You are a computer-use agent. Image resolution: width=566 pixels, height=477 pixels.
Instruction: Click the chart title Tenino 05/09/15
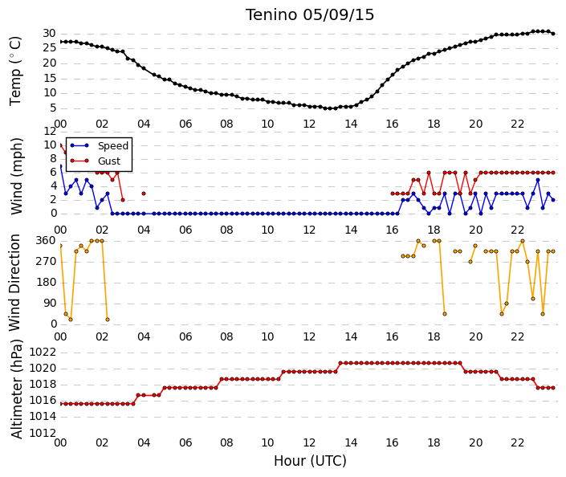[x=310, y=15]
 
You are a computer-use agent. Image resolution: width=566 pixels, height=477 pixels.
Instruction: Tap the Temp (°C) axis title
[x=15, y=71]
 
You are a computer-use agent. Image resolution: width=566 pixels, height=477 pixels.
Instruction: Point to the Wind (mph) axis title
[x=17, y=176]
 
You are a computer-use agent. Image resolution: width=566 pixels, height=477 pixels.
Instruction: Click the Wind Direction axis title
[x=14, y=283]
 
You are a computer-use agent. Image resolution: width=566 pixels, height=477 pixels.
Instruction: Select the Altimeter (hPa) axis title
[x=17, y=389]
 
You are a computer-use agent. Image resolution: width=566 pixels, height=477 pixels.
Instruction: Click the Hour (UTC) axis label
[x=310, y=461]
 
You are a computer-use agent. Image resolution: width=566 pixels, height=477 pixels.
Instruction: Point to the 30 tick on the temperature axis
[x=49, y=34]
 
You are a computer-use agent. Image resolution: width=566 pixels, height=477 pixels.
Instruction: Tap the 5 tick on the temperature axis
[x=53, y=108]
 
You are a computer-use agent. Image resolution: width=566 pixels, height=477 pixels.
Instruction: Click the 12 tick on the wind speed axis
[x=50, y=132]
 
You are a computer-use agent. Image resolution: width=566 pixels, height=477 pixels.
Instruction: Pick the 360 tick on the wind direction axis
[x=47, y=241]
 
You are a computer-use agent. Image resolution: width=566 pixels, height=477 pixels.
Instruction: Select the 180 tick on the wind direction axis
[x=47, y=283]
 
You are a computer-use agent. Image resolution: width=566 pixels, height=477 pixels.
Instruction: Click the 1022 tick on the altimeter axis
[x=43, y=352]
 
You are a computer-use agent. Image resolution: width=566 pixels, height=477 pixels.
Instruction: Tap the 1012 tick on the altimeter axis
[x=43, y=433]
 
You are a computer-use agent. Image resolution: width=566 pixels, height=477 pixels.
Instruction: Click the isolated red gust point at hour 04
[x=144, y=194]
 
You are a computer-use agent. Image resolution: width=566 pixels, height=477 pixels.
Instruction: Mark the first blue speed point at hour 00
[x=61, y=166]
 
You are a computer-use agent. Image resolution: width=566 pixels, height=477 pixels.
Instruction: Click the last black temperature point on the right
[x=553, y=34]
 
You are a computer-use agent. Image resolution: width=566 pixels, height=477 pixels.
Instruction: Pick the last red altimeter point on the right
[x=553, y=388]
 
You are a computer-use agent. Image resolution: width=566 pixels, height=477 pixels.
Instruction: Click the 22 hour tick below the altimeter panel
[x=517, y=442]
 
